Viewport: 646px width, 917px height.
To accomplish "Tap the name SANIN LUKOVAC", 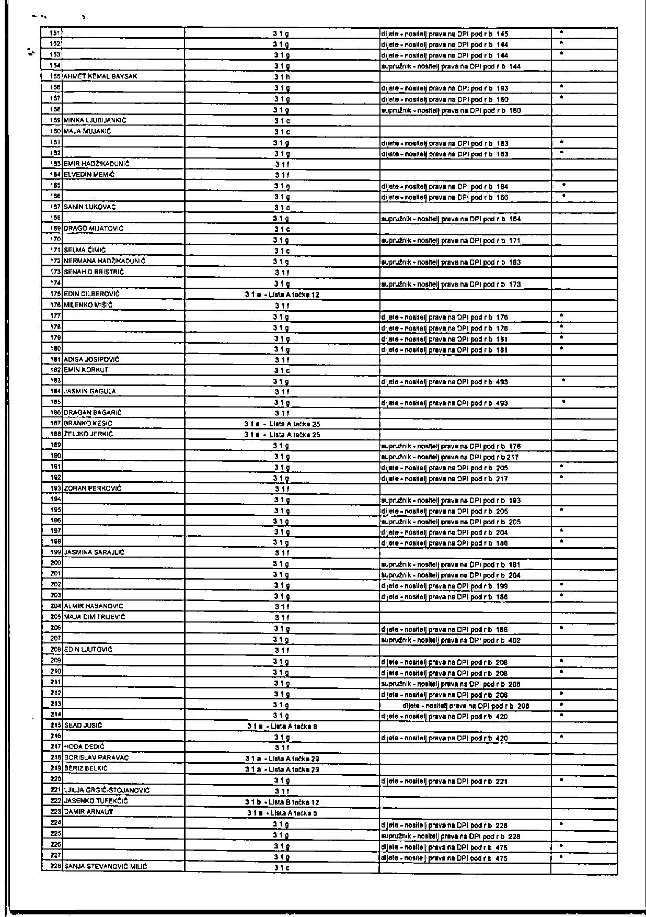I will tap(89, 207).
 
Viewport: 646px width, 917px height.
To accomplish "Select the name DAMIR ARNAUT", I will tap(88, 812).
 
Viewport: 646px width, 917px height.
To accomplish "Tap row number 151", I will tap(54, 33).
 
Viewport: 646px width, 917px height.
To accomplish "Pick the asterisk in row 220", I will tap(561, 780).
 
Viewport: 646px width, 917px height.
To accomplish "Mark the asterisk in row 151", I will tap(561, 32).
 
